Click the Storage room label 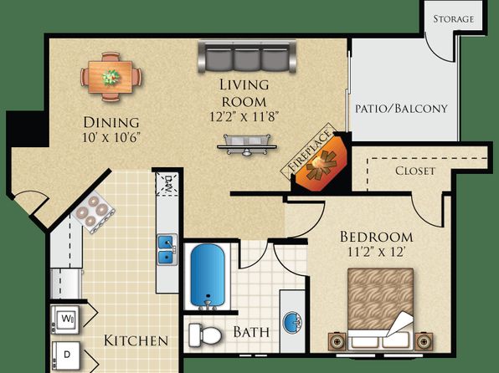453,19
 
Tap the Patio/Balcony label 401,109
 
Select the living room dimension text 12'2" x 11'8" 244,117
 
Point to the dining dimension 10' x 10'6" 111,138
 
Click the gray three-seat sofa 247,56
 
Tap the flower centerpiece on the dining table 111,77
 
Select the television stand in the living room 247,146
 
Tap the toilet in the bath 205,335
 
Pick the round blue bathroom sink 293,323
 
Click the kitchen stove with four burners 93,212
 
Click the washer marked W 65,319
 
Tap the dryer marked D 66,355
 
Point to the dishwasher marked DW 167,185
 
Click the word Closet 415,171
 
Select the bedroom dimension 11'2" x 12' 376,253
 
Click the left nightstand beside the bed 337,342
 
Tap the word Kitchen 136,340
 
